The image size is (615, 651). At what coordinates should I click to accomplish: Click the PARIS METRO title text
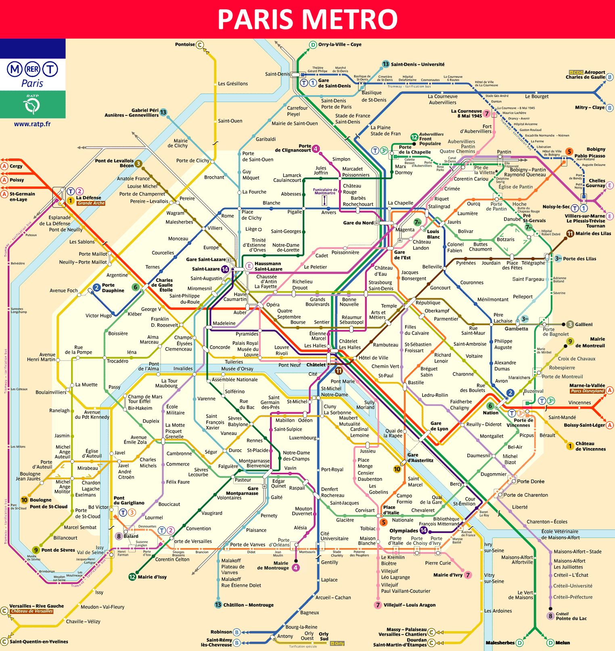coord(307,19)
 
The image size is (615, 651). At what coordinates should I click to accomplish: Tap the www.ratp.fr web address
coord(32,124)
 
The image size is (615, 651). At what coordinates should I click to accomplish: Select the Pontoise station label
coord(185,44)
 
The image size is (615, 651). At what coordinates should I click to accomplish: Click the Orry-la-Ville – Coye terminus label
coord(340,44)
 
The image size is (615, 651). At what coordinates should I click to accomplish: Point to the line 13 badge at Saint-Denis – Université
coord(386,64)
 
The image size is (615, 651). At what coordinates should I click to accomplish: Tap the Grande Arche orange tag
coord(91,203)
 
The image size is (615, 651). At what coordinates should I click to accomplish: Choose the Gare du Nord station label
coord(358,223)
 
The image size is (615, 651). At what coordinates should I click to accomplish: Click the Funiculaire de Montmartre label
coord(325,191)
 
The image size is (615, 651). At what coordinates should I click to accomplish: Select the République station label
coord(428,303)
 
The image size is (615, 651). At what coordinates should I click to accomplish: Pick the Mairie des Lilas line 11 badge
coord(570,234)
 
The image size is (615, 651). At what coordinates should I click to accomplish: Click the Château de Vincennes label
coord(590,446)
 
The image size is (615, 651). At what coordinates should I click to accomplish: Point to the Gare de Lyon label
coord(439,426)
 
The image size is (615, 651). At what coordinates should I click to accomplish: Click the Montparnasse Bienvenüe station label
coord(254,463)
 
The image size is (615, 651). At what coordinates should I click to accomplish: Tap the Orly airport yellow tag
coord(337,643)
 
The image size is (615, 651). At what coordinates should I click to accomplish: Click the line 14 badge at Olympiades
coord(423,530)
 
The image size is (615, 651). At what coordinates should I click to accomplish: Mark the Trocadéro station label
coord(117,361)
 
